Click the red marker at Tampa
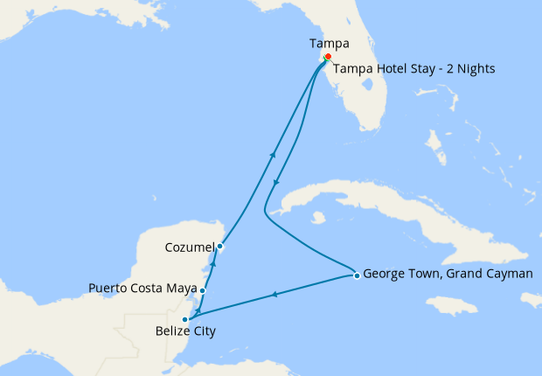[x=328, y=57]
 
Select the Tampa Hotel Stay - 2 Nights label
[x=415, y=69]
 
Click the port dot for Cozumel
[x=220, y=247]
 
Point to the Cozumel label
[x=190, y=247]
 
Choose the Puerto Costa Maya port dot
[x=203, y=290]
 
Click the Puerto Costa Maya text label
[x=143, y=288]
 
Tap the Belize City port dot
[x=185, y=319]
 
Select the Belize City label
[x=185, y=332]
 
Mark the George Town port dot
[x=357, y=276]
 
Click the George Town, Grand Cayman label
[x=447, y=273]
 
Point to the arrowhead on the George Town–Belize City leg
[x=275, y=295]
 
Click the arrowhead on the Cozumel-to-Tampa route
[x=273, y=155]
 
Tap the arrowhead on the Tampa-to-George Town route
[x=277, y=183]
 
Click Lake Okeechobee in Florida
[x=373, y=91]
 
